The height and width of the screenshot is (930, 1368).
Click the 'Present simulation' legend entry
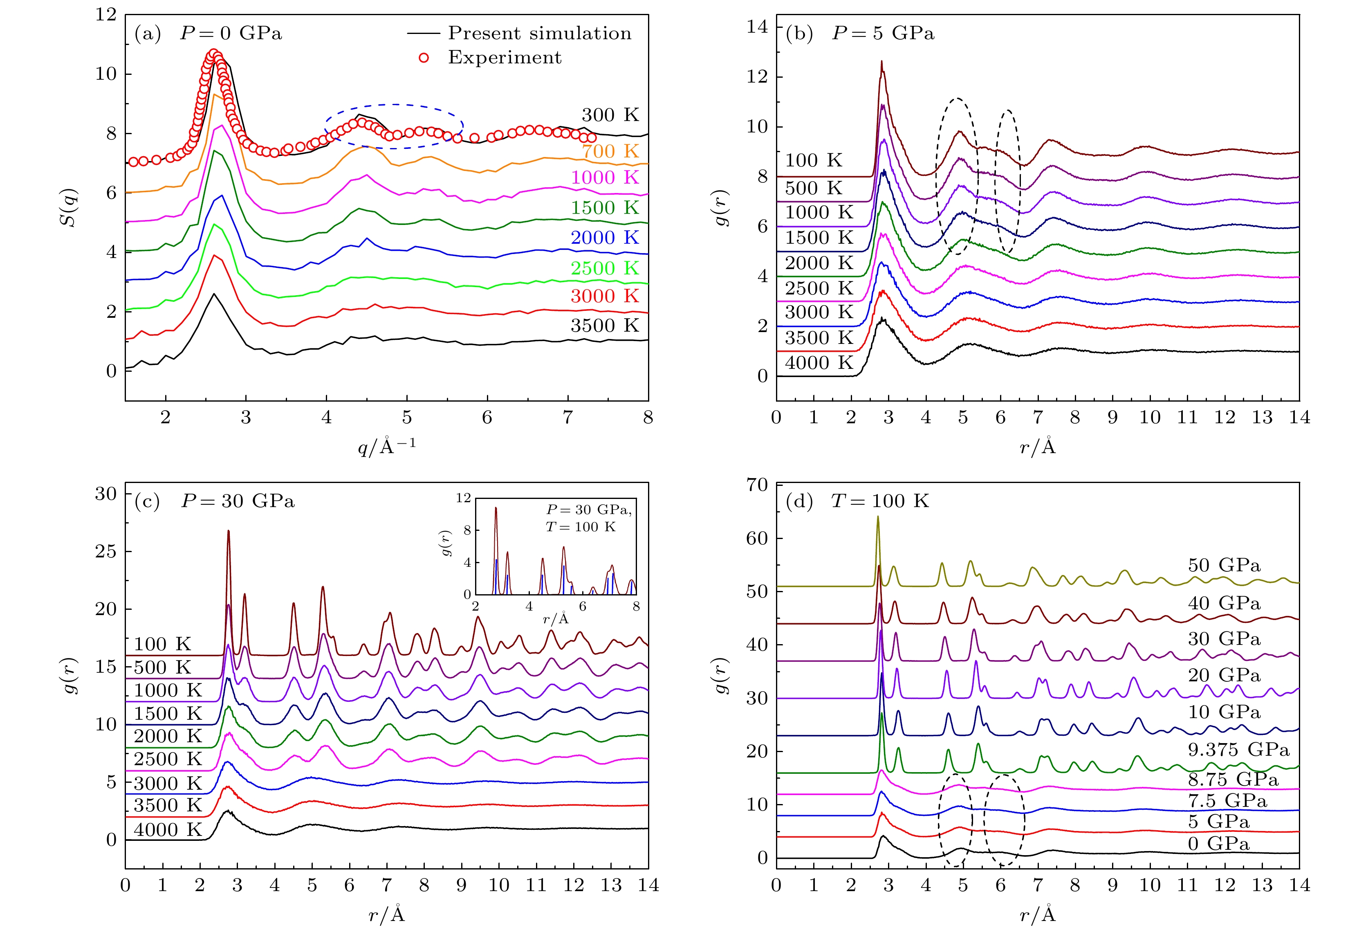pyautogui.click(x=539, y=33)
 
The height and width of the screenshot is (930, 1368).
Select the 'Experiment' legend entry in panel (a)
pyautogui.click(x=505, y=57)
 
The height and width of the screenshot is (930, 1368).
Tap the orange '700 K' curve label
pyautogui.click(x=610, y=151)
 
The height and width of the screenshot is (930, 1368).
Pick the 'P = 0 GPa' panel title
pyautogui.click(x=231, y=33)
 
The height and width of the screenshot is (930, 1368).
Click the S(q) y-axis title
pyautogui.click(x=71, y=207)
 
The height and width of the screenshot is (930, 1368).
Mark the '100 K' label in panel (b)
pyautogui.click(x=814, y=160)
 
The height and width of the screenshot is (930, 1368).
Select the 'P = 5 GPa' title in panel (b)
pyautogui.click(x=882, y=33)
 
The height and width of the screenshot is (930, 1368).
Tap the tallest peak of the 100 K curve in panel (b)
pyautogui.click(x=881, y=61)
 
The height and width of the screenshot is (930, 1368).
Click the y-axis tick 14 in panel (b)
pyautogui.click(x=758, y=27)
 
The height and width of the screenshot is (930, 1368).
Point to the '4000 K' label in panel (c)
pyautogui.click(x=168, y=830)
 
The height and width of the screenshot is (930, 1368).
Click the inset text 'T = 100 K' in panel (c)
pyautogui.click(x=581, y=526)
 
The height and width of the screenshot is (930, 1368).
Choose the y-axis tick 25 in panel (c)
pyautogui.click(x=106, y=552)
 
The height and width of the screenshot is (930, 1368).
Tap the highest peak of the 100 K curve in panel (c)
pyautogui.click(x=229, y=531)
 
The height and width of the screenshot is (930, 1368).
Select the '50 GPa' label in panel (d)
pyautogui.click(x=1224, y=566)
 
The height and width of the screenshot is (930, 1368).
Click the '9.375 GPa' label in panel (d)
pyautogui.click(x=1238, y=750)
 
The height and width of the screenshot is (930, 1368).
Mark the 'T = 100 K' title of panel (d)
pyautogui.click(x=879, y=501)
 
